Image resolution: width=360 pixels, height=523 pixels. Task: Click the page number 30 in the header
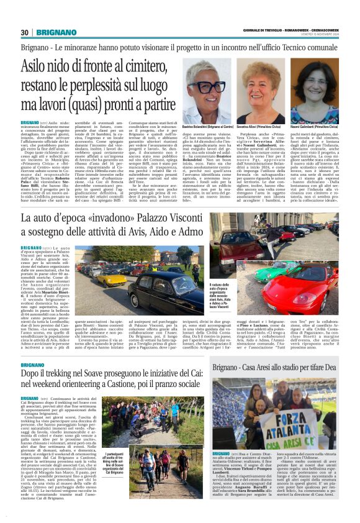coord(24,32)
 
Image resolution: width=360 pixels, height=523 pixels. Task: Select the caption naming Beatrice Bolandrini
coord(209,126)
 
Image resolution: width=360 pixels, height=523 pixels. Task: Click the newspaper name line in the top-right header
coord(299,30)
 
